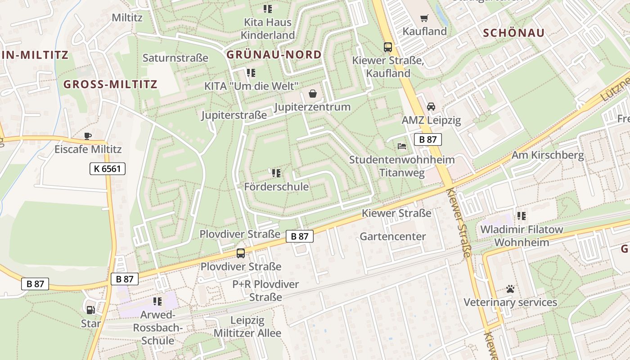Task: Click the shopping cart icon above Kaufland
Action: [424, 18]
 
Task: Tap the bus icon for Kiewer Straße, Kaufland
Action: [387, 47]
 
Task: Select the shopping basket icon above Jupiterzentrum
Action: [312, 94]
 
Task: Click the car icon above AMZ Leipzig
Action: [431, 107]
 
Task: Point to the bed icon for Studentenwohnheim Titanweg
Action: [401, 146]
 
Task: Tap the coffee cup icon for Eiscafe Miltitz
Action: [88, 136]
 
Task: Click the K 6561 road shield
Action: [107, 169]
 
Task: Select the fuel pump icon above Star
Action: [90, 310]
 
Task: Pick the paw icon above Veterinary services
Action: [510, 289]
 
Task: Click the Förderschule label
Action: [276, 186]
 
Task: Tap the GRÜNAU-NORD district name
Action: [274, 55]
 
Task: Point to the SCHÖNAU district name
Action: [513, 32]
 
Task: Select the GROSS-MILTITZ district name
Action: [110, 84]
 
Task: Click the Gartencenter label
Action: [392, 236]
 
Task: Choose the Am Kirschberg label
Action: [548, 156]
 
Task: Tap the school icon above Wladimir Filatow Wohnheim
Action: [521, 216]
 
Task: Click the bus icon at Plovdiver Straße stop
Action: [241, 253]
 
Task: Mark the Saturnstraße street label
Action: [175, 58]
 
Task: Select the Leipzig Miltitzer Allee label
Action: [247, 327]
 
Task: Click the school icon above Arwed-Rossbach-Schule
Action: [157, 301]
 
